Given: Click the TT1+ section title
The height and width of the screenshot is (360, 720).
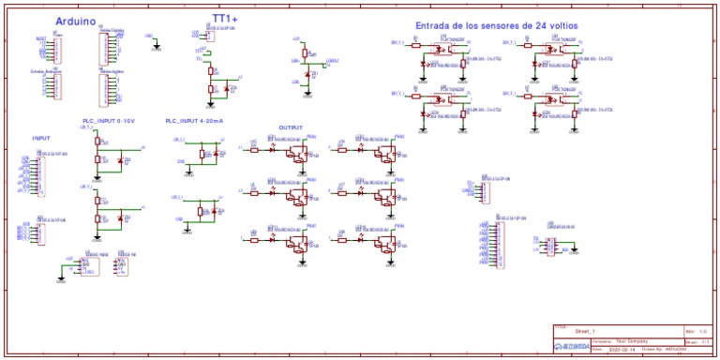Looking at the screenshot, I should pos(225,18).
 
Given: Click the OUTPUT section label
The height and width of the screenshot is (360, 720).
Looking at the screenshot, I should pos(291,127).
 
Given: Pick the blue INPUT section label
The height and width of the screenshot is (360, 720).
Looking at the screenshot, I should pos(41,138).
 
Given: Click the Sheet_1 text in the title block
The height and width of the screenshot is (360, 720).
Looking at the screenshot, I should pos(586,331).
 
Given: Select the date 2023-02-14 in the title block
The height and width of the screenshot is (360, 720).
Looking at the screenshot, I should pos(622,350).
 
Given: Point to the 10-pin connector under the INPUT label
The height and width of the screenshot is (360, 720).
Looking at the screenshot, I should pos(39,174).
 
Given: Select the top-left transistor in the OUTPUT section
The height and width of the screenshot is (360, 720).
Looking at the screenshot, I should pos(298,154).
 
